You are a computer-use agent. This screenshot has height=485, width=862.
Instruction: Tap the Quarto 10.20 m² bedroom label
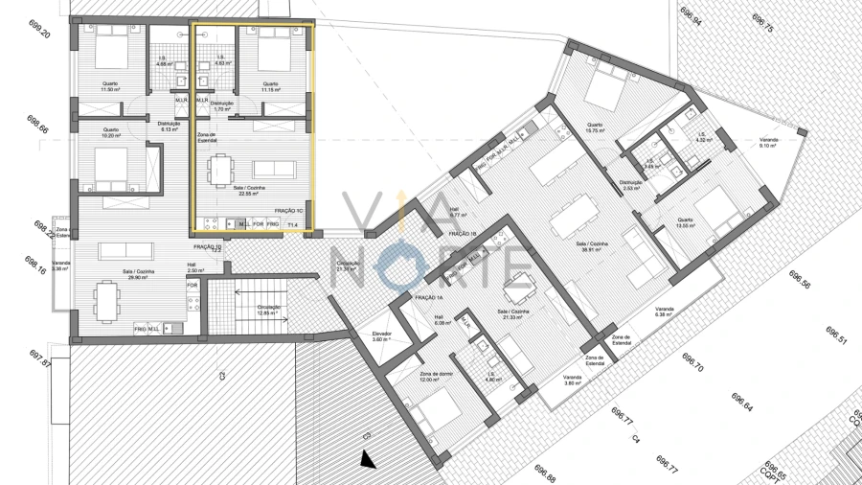pyautogui.click(x=111, y=132)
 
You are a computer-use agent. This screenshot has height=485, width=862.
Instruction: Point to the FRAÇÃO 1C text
pyautogui.click(x=288, y=211)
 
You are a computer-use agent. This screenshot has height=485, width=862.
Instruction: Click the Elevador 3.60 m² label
pyautogui.click(x=381, y=336)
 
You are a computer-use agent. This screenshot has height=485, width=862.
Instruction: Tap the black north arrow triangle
pyautogui.click(x=367, y=461)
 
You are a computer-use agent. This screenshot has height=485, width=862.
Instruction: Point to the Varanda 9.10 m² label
pyautogui.click(x=769, y=142)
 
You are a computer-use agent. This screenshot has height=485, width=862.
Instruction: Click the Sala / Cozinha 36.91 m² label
pyautogui.click(x=593, y=246)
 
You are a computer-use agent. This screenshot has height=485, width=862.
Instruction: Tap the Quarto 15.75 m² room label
pyautogui.click(x=595, y=127)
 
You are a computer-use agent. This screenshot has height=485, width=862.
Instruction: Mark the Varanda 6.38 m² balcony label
pyautogui.click(x=665, y=312)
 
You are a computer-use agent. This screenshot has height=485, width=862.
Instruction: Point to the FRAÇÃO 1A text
pyautogui.click(x=427, y=298)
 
